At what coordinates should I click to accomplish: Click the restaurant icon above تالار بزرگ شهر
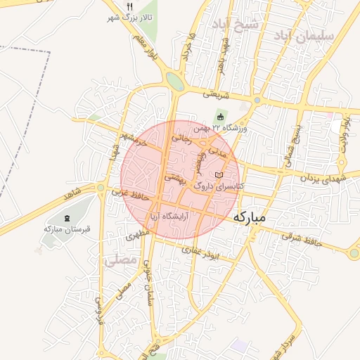(x=129, y=6)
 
